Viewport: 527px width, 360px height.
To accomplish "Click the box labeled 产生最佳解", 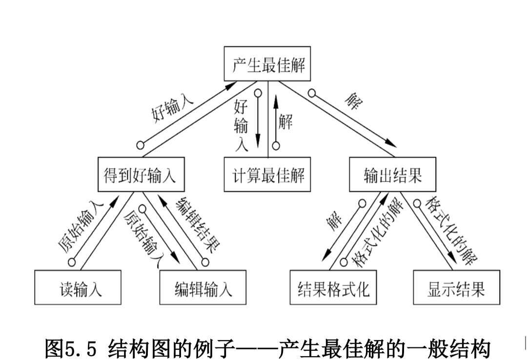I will click(267, 64).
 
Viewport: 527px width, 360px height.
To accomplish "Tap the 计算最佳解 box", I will click(267, 174).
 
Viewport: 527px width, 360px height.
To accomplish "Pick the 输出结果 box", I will click(393, 174).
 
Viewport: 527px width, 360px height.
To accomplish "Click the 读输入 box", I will click(78, 288).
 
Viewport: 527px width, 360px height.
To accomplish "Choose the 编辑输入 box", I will click(203, 288).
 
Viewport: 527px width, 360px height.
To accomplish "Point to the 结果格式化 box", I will click(333, 288).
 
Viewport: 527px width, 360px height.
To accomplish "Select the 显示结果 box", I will click(456, 288).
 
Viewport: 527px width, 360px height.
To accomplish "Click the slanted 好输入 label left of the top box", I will click(172, 108).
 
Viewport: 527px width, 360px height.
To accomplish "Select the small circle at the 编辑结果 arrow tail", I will click(205, 262).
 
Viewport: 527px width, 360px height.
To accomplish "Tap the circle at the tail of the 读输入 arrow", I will click(72, 262).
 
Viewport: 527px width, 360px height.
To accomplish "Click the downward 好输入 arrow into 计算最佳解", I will click(258, 122).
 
